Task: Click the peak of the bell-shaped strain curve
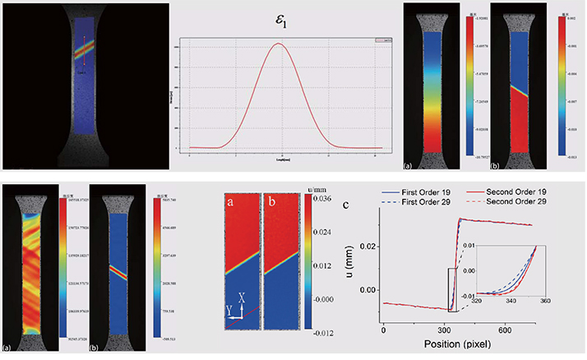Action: point(279,44)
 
